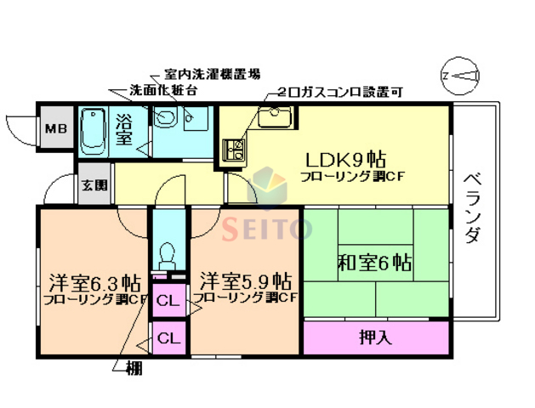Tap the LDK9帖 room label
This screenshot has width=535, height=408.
[346, 159]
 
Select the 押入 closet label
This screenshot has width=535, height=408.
[375, 337]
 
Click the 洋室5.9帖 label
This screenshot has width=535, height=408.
[247, 280]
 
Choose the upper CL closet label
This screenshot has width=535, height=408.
[168, 299]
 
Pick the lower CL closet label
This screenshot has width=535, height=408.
[168, 338]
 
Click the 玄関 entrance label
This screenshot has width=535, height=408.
[94, 184]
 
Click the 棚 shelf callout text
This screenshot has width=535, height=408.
[134, 368]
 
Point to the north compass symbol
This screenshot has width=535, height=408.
[459, 76]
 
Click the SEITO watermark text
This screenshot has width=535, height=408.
[267, 228]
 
